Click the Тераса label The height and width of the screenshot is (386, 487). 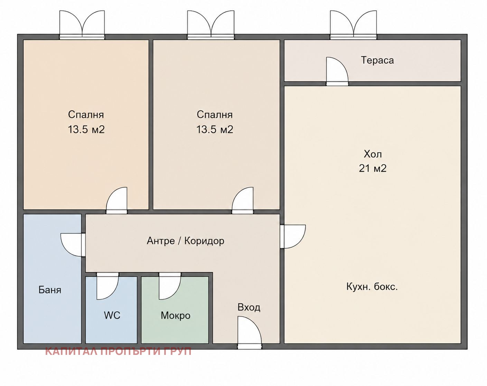[377, 60]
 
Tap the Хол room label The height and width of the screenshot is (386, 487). [373, 154]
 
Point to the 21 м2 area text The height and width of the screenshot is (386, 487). [373, 168]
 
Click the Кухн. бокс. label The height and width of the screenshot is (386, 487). [372, 287]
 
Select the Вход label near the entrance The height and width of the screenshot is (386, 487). [249, 307]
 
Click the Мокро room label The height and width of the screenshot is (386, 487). [176, 315]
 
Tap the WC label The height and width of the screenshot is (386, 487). [112, 315]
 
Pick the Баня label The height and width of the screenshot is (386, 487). [50, 290]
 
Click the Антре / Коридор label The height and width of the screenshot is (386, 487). [186, 241]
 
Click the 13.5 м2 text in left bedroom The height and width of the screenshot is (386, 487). [86, 130]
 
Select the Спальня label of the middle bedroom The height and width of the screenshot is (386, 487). [215, 114]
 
